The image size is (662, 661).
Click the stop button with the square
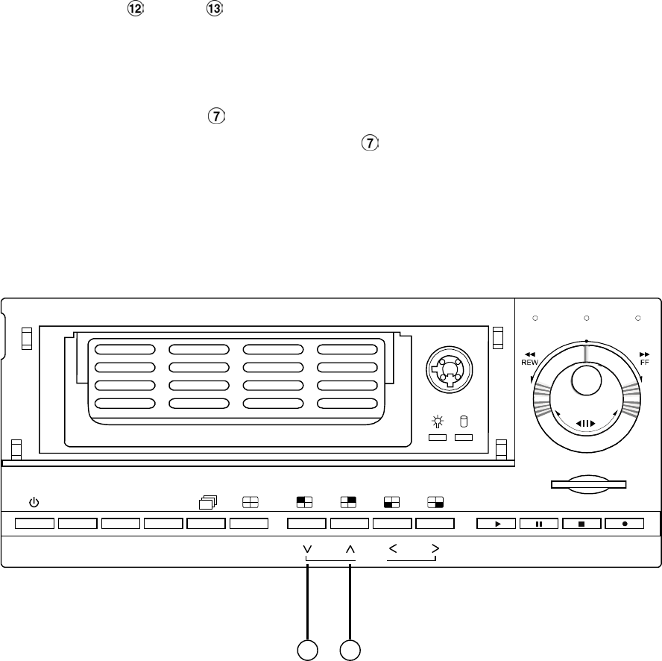[582, 524]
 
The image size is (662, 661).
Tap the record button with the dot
[625, 524]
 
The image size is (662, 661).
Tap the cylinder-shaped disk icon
[464, 422]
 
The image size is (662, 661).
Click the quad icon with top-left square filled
[306, 503]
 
